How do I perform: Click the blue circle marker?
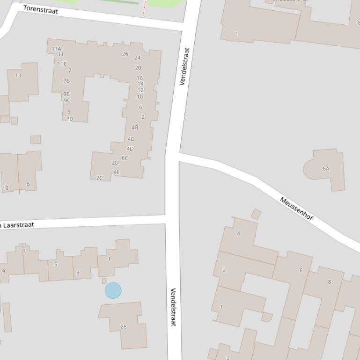pyautogui.click(x=113, y=290)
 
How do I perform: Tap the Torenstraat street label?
pyautogui.click(x=41, y=9)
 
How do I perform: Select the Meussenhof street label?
pyautogui.click(x=296, y=209)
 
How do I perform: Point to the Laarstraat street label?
pyautogui.click(x=19, y=225)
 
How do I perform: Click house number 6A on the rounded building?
pyautogui.click(x=326, y=169)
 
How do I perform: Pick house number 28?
pyautogui.click(x=124, y=326)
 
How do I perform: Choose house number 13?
pyautogui.click(x=18, y=75)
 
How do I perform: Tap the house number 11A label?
pyautogui.click(x=56, y=49)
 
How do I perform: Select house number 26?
pyautogui.click(x=125, y=54)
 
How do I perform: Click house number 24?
pyautogui.click(x=137, y=58)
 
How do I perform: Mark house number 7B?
pyautogui.click(x=66, y=81)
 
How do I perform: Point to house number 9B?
pyautogui.click(x=66, y=94)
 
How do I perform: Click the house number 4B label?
pyautogui.click(x=135, y=127)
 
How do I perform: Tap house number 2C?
pyautogui.click(x=99, y=178)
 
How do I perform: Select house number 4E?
pyautogui.click(x=117, y=173)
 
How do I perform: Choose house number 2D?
pyautogui.click(x=115, y=163)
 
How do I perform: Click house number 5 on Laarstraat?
pyautogui.click(x=56, y=265)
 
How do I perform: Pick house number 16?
pyautogui.click(x=140, y=78)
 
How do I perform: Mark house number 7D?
pyautogui.click(x=70, y=119)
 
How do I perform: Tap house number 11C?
pyautogui.click(x=62, y=64)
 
